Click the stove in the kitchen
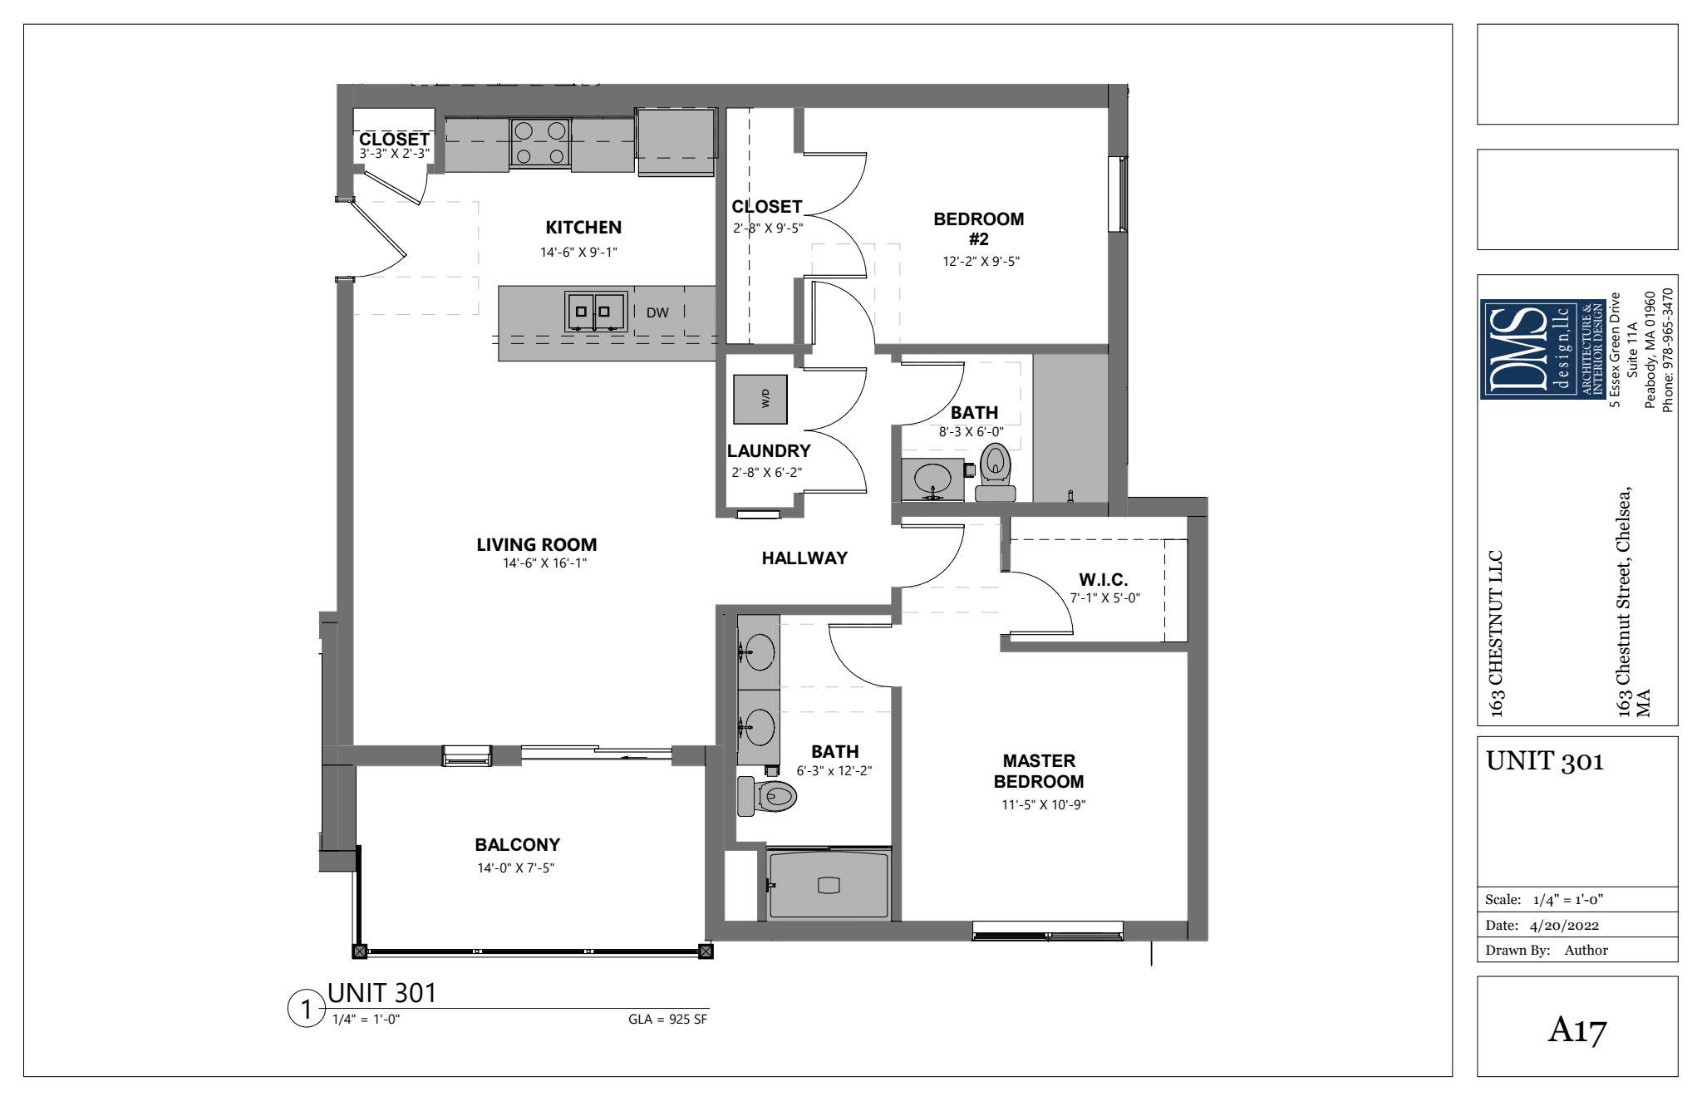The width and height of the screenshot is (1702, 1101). (540, 144)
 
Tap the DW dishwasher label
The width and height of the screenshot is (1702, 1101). (658, 312)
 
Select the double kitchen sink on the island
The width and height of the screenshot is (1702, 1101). (596, 312)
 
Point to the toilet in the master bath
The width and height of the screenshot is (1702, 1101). (767, 796)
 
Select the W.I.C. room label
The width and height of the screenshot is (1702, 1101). (1104, 579)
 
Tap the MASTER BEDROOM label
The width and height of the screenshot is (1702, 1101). (1039, 771)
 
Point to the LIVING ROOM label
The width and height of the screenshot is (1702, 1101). (537, 545)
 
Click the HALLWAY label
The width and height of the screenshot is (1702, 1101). (804, 558)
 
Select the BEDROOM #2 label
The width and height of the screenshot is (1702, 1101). (979, 229)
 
